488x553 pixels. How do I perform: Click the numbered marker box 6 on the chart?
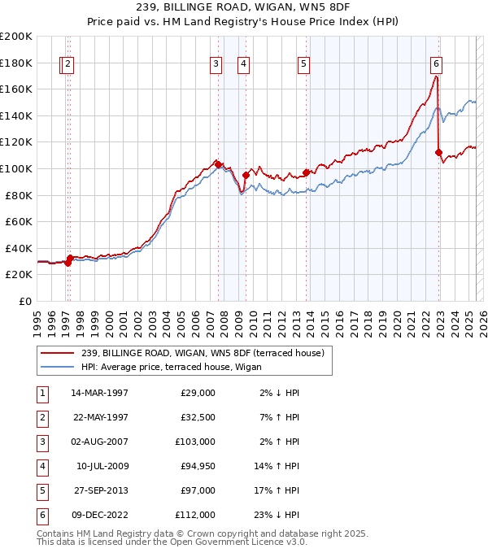click(437, 63)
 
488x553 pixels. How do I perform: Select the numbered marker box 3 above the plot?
click(216, 63)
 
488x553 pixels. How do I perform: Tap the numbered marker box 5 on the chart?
click(303, 63)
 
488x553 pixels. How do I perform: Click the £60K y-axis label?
click(19, 221)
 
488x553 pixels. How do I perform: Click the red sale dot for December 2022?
click(439, 152)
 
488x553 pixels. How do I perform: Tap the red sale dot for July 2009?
click(246, 175)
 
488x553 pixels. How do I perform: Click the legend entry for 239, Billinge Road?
click(203, 353)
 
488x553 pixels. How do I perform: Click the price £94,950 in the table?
click(194, 466)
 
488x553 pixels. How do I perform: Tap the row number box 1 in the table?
click(41, 393)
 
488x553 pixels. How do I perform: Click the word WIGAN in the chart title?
click(270, 7)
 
